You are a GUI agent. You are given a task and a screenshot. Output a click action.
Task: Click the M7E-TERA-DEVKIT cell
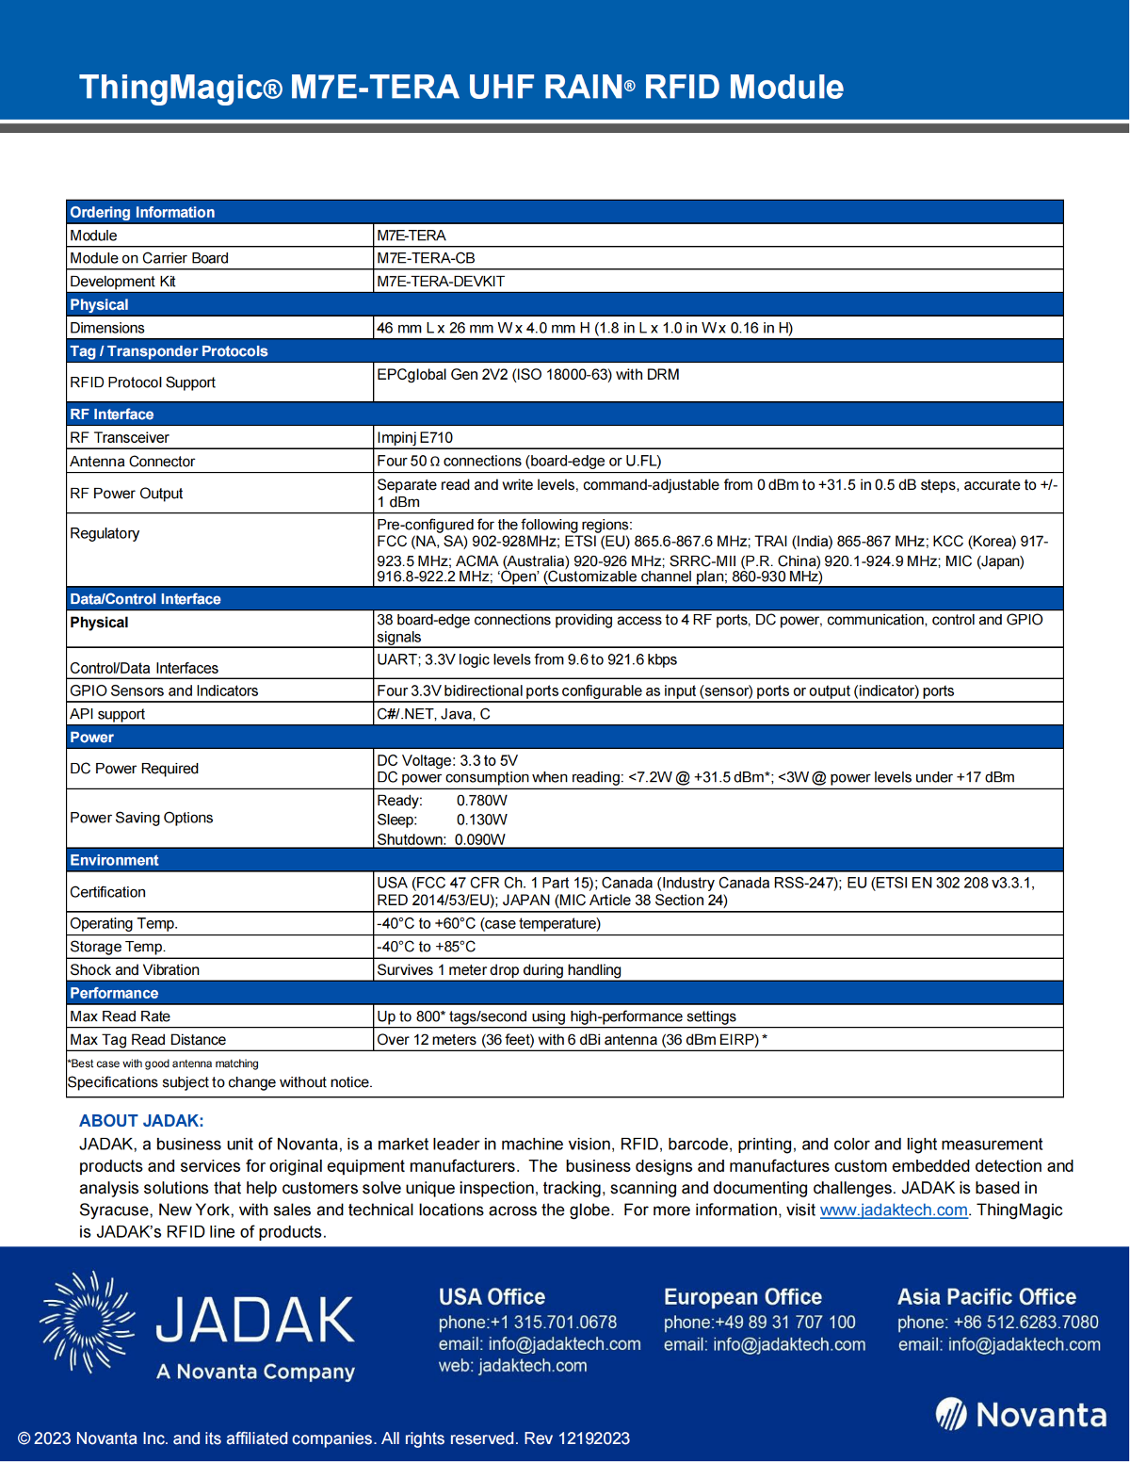pyautogui.click(x=441, y=282)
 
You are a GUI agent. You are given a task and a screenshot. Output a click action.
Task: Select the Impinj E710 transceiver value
pyautogui.click(x=415, y=438)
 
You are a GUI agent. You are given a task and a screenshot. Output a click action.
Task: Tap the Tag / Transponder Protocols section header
pyautogui.click(x=169, y=351)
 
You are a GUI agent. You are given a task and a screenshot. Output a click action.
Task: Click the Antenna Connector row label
pyautogui.click(x=133, y=462)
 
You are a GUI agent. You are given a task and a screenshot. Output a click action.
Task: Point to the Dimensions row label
pyautogui.click(x=107, y=328)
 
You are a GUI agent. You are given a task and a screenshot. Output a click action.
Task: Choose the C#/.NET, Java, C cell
pyautogui.click(x=433, y=714)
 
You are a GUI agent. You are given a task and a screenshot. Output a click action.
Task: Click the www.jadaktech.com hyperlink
pyautogui.click(x=894, y=1210)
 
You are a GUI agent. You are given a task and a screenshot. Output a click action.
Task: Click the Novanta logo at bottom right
pyautogui.click(x=1021, y=1415)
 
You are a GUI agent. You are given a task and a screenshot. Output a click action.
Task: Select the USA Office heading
pyautogui.click(x=492, y=1297)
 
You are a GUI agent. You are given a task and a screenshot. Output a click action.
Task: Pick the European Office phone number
pyautogui.click(x=760, y=1323)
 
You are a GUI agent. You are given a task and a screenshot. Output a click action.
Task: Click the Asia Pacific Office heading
pyautogui.click(x=986, y=1297)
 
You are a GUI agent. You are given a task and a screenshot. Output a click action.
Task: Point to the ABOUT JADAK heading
pyautogui.click(x=141, y=1121)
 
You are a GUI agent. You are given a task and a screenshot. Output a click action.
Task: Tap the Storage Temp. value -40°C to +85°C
pyautogui.click(x=427, y=947)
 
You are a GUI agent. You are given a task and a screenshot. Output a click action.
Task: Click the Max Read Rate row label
pyautogui.click(x=121, y=1016)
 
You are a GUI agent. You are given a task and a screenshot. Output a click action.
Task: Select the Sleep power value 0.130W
pyautogui.click(x=481, y=820)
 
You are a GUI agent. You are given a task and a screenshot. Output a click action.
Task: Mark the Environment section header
pyautogui.click(x=115, y=860)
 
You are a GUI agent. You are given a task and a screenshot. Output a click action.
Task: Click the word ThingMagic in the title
pyautogui.click(x=170, y=88)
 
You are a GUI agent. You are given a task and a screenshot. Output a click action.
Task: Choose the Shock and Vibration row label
pyautogui.click(x=135, y=970)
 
